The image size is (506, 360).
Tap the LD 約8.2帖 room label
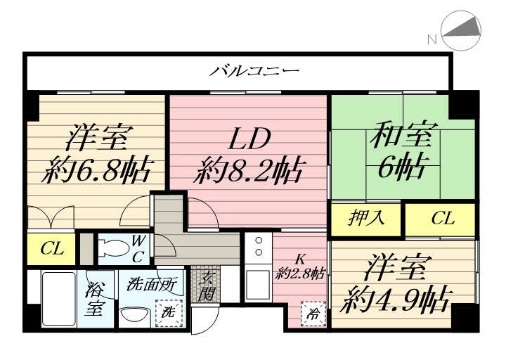[x=249, y=154]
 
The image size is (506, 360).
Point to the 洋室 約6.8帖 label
[x=98, y=154]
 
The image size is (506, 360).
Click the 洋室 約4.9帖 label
[x=396, y=286]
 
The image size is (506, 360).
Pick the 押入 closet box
[x=367, y=217]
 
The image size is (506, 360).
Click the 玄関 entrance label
[x=207, y=285]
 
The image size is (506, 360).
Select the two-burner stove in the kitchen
[x=258, y=247]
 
